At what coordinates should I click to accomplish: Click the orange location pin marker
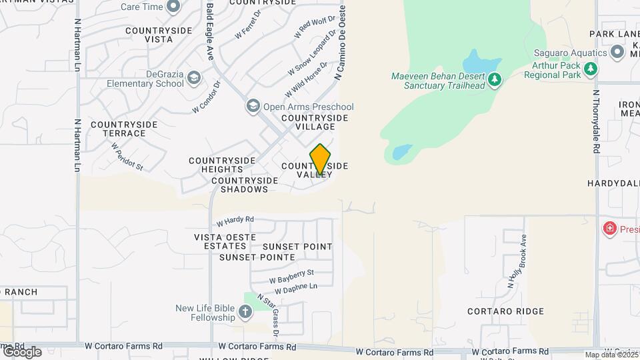tap(321, 159)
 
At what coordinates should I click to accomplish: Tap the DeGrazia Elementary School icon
tap(194, 78)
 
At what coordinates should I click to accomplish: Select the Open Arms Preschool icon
tap(253, 107)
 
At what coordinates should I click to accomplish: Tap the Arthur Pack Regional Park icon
tap(590, 69)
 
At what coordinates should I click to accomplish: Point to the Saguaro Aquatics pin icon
tap(618, 52)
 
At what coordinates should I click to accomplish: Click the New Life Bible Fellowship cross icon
tap(245, 311)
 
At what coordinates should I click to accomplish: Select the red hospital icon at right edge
tap(609, 229)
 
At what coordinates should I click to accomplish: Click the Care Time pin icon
tap(173, 7)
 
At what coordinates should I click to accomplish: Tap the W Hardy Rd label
tap(235, 219)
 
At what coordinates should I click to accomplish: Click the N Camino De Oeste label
tap(340, 41)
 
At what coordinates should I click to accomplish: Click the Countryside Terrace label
tap(124, 129)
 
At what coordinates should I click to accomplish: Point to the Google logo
tap(21, 352)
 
